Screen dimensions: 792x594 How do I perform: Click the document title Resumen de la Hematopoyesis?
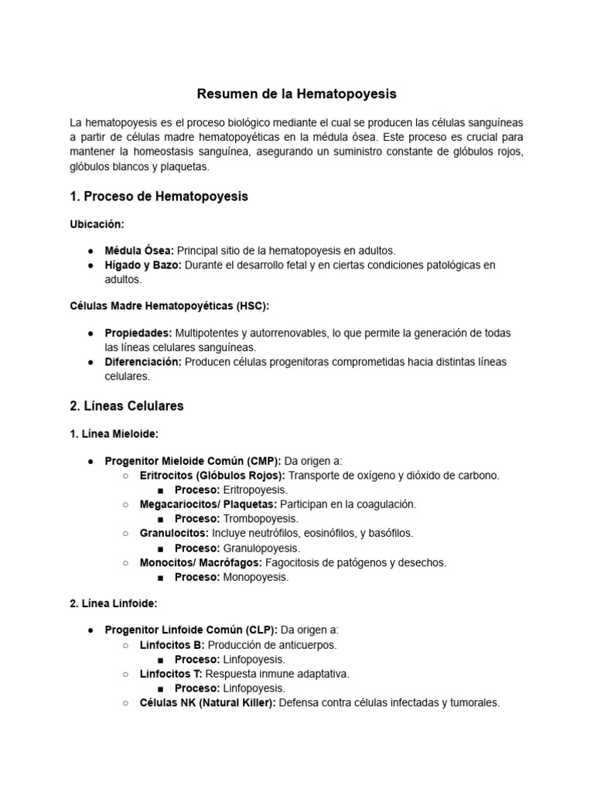click(296, 94)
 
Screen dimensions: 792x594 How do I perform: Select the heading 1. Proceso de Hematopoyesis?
click(159, 196)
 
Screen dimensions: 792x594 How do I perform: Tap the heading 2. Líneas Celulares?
click(126, 405)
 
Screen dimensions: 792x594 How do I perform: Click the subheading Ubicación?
click(97, 224)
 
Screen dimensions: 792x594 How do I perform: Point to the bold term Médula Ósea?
click(139, 251)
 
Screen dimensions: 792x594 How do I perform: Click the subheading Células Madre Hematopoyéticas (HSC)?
click(169, 306)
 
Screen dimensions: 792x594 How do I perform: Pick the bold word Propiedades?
click(138, 333)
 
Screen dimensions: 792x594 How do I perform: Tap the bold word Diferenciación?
click(143, 362)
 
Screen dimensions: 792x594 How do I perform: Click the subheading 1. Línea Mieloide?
click(114, 433)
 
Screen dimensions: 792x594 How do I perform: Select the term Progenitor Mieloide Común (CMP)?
click(193, 461)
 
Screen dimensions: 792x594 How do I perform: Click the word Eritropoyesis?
click(254, 490)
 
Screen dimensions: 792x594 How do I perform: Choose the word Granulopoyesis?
click(261, 548)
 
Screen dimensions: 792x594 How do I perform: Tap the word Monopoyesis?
click(255, 577)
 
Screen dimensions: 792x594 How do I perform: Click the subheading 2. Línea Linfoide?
click(113, 603)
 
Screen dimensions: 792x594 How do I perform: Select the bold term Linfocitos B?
click(172, 644)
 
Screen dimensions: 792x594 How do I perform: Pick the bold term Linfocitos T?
click(172, 674)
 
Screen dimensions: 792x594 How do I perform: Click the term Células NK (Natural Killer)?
click(207, 703)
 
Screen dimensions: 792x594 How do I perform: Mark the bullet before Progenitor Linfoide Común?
click(91, 630)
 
